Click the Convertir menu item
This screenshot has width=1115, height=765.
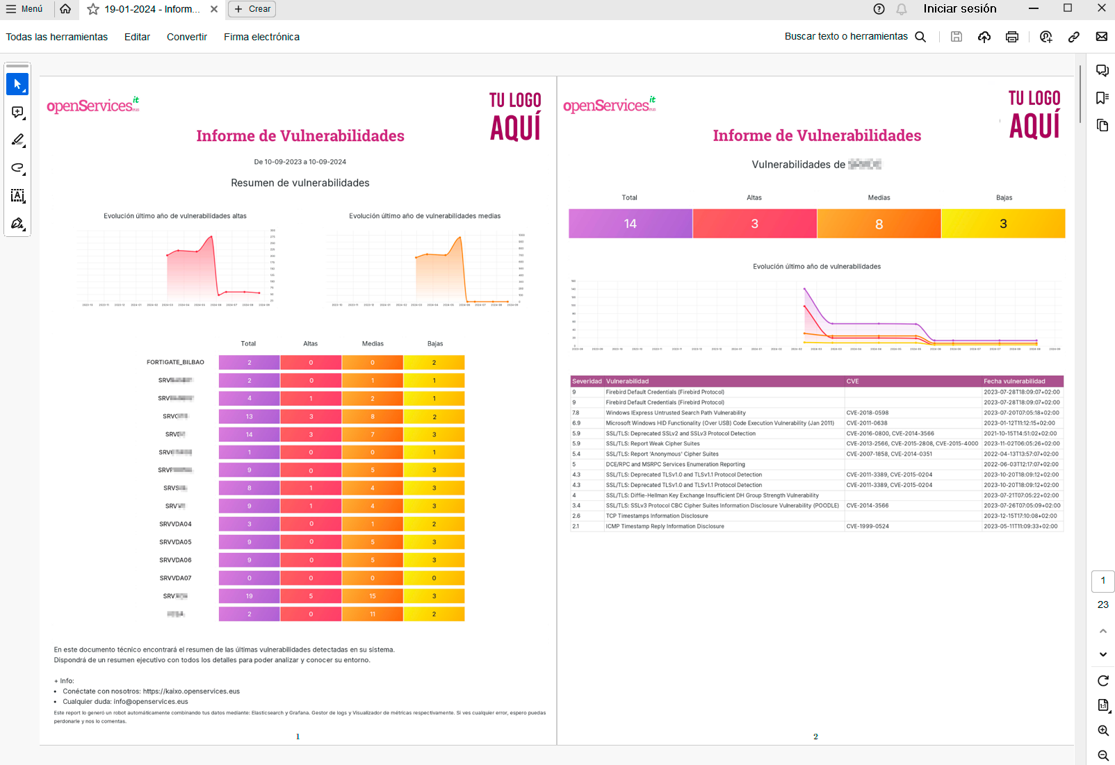186,37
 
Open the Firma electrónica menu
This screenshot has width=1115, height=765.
261,37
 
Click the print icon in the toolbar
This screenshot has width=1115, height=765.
1011,37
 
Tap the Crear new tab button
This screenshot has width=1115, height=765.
252,9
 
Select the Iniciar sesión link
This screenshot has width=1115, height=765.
959,9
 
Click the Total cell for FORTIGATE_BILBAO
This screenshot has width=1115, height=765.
249,363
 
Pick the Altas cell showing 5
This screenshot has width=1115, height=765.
311,596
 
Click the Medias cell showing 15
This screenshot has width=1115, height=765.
373,596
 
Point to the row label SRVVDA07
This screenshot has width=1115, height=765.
175,578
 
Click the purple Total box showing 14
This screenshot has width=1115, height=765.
630,224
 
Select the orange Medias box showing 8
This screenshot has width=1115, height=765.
879,224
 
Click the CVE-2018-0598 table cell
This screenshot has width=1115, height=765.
867,413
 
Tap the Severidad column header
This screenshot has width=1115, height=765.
587,381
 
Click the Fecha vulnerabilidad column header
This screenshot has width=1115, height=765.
1014,381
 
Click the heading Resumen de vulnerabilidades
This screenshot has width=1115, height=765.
300,183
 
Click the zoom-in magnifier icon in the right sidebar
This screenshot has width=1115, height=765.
1102,730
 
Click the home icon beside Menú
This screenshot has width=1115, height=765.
65,9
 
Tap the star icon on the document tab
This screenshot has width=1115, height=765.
93,9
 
